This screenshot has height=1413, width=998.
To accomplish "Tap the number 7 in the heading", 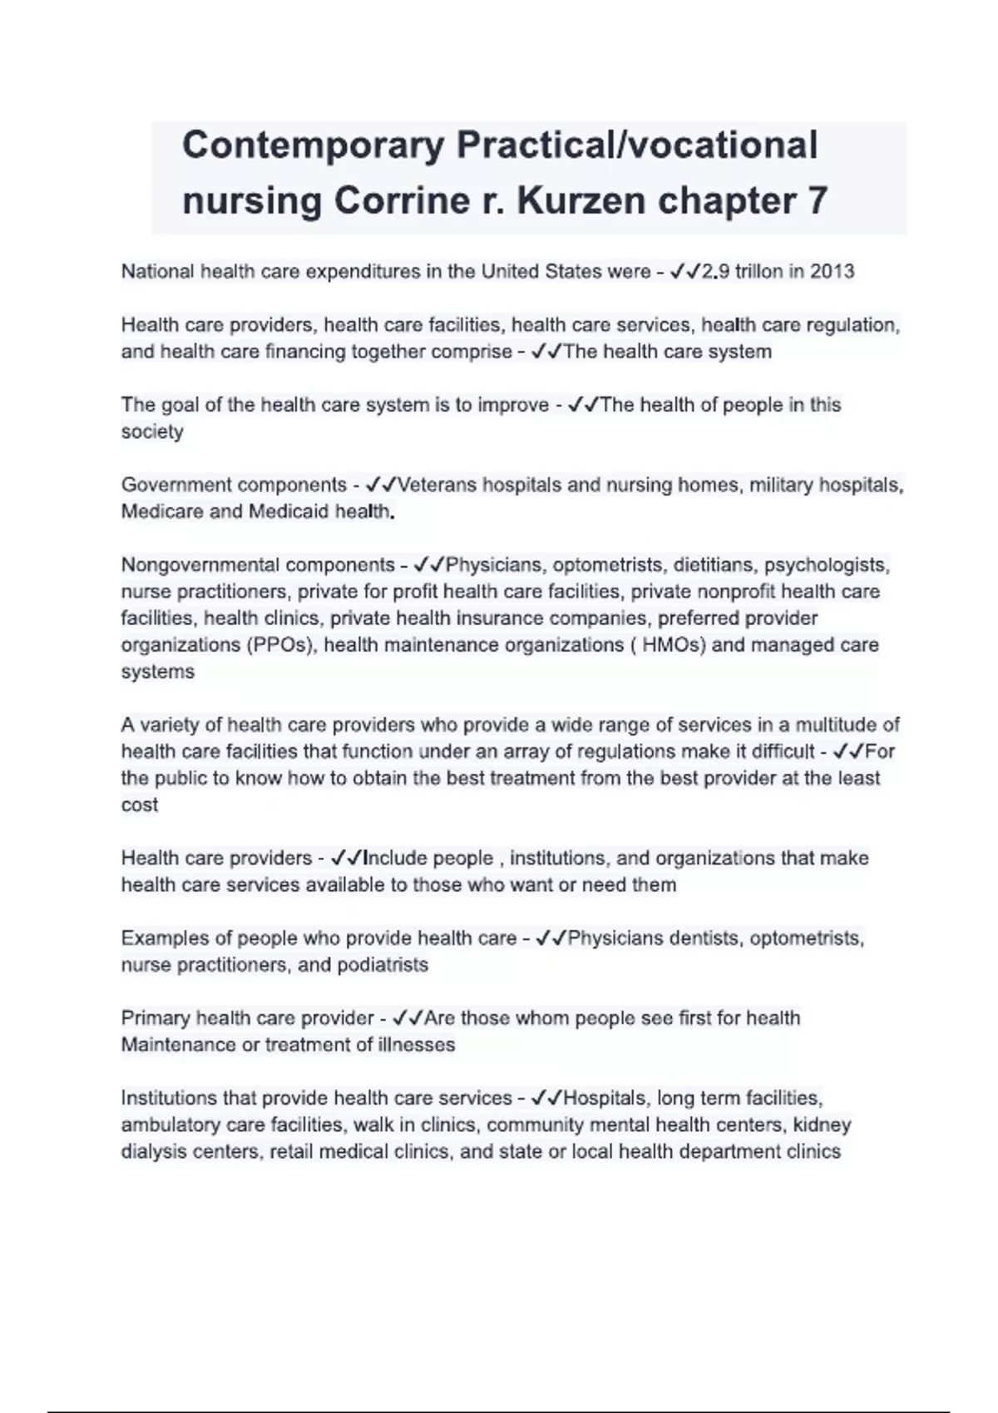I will click(817, 201).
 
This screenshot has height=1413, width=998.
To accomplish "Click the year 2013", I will click(832, 272).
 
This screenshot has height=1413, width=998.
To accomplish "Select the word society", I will click(152, 432).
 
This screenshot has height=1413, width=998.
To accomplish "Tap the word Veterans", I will click(438, 485).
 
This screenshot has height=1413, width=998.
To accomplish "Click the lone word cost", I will click(139, 805).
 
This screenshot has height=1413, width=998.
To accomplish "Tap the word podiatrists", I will click(383, 965).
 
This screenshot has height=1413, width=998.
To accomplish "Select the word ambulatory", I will click(167, 1125).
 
